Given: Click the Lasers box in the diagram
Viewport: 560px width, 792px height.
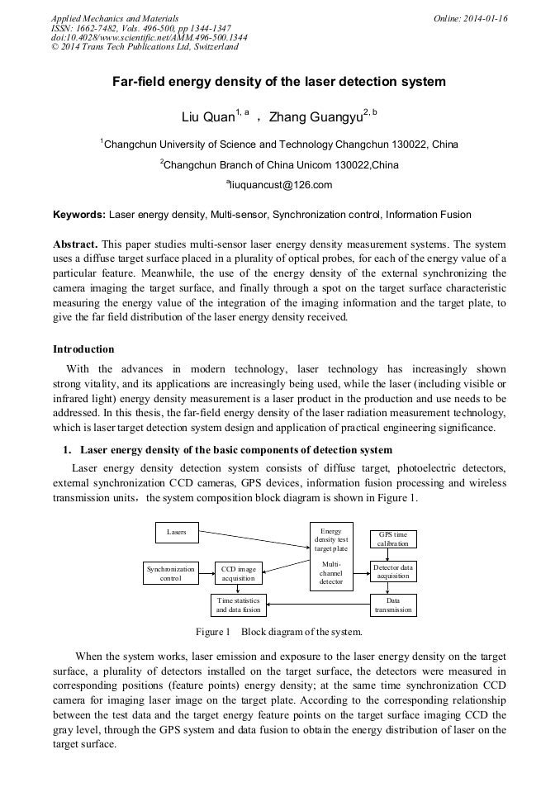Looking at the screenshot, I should point(177,533).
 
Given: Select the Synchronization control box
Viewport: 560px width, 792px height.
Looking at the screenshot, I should point(171,573).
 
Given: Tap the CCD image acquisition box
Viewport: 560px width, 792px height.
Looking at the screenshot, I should point(238,573).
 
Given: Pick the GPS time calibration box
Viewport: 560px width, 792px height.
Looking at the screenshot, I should point(392,539).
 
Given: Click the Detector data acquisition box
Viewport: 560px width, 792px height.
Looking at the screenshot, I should point(392,571).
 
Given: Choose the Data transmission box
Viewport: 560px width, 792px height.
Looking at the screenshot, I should point(392,605).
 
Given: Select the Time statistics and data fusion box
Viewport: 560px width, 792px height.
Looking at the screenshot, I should point(238,605).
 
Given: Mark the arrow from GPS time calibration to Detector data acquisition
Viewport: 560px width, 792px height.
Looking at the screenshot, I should point(392,554).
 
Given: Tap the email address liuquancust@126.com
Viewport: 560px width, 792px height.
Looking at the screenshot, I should point(279,185).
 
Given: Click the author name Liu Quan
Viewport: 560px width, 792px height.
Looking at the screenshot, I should point(208,117).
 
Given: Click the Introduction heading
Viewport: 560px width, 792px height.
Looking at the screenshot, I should point(83,349).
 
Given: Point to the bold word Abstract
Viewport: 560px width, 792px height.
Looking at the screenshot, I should point(76,245).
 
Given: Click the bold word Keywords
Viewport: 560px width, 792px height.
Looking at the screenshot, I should point(79,215).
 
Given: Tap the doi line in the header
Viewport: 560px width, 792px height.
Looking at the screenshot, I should point(149,38).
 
